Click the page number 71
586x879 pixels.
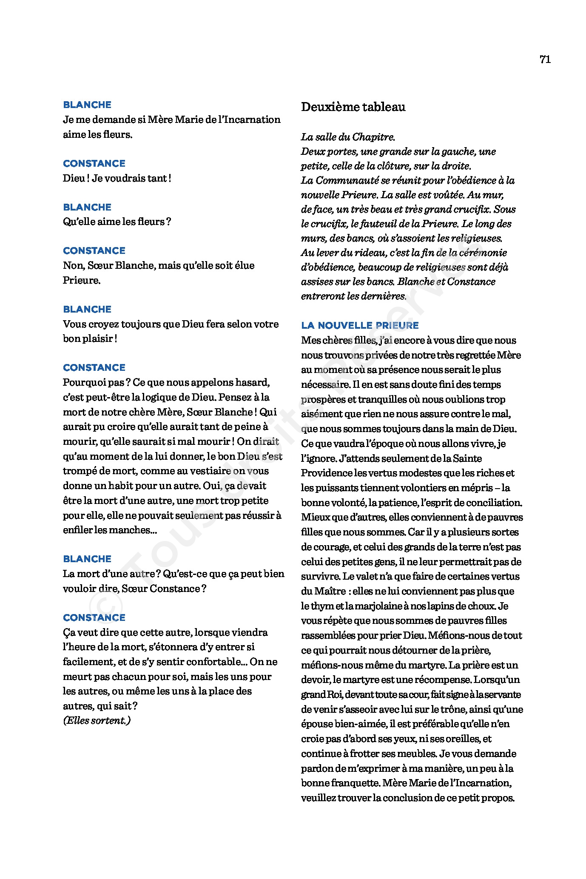point(545,60)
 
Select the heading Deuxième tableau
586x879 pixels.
point(353,107)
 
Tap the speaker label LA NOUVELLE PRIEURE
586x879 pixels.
point(360,326)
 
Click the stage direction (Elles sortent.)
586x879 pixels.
point(97,720)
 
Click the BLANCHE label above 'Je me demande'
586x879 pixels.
point(87,105)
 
